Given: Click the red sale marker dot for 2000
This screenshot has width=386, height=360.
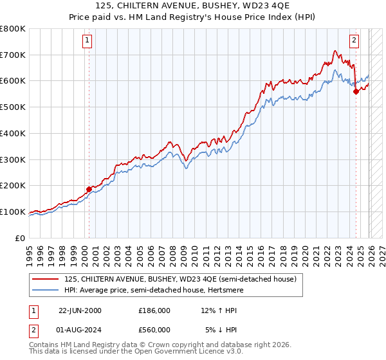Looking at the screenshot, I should (89, 189).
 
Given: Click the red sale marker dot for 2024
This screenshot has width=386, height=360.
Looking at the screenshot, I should (356, 91).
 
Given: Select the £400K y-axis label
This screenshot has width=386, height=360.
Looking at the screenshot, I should (14, 134).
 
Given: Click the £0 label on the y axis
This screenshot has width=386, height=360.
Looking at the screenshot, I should (21, 238).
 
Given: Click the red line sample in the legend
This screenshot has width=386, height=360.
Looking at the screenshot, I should (46, 279).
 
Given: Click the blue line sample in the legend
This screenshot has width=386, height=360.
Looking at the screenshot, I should (46, 291).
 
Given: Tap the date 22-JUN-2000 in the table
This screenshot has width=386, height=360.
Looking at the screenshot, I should (80, 310).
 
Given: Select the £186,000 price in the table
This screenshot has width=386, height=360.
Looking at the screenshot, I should (154, 310).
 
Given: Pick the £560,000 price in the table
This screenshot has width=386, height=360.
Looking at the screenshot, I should (154, 330).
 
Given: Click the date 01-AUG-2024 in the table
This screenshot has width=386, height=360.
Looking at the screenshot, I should (80, 330).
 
